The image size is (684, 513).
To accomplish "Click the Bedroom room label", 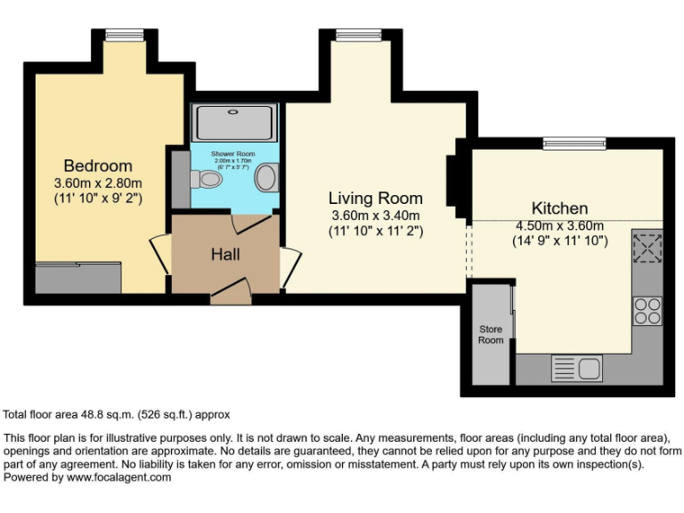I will click(x=98, y=166).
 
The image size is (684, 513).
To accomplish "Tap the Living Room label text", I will click(x=375, y=199).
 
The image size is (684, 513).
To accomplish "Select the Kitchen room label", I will click(x=559, y=208).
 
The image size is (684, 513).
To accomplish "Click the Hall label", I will click(x=225, y=254).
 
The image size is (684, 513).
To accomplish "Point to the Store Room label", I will click(x=491, y=335).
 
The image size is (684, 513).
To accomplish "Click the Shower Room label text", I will click(x=232, y=154).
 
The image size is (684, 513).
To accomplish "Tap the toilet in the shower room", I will click(x=208, y=180).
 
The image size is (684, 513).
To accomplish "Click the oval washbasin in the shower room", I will click(x=265, y=178).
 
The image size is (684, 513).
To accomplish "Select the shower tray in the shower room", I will click(x=236, y=122).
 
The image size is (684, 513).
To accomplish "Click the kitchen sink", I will click(x=576, y=367).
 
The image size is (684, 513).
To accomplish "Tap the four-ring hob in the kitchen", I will click(x=647, y=310).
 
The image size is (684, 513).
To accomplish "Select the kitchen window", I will click(x=574, y=142).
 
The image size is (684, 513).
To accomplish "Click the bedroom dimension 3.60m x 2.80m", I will click(x=98, y=183).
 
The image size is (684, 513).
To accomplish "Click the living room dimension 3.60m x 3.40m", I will click(x=375, y=216).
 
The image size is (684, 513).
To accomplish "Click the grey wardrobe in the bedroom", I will click(x=77, y=278).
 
